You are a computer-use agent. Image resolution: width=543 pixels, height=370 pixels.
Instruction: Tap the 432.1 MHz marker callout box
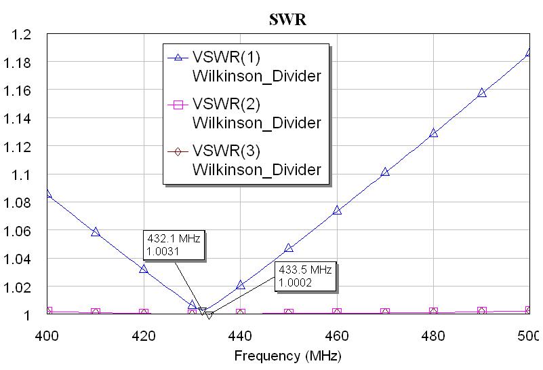click(x=174, y=245)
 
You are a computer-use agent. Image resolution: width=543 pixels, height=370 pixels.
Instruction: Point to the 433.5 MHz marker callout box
click(x=304, y=276)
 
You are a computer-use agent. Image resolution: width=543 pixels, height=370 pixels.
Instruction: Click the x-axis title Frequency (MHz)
click(x=288, y=356)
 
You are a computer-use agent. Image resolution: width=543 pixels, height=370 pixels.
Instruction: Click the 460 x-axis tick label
click(x=337, y=335)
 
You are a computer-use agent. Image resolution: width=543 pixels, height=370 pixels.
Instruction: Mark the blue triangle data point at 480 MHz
click(x=433, y=133)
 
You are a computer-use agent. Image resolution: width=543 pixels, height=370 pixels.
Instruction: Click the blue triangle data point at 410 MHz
click(x=96, y=232)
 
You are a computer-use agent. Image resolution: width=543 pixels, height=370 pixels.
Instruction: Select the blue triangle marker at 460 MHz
click(x=337, y=210)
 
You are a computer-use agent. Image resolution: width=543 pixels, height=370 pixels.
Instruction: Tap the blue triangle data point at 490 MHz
click(x=482, y=93)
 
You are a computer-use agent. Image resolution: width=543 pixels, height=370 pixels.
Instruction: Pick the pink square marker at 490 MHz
click(x=482, y=311)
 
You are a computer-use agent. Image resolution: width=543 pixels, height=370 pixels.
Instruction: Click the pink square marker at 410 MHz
click(x=96, y=312)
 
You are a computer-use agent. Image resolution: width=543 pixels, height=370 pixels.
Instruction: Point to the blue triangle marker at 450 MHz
click(x=289, y=248)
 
